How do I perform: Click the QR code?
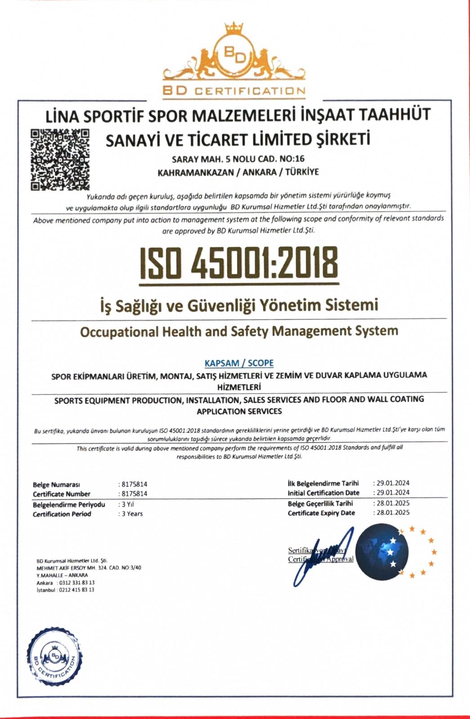point(60,159)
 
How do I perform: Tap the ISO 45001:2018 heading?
point(239,262)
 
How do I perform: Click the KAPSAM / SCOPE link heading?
point(239,363)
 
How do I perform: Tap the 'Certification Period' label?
point(62,514)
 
